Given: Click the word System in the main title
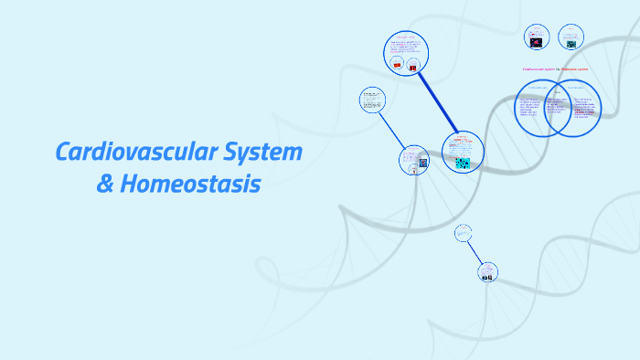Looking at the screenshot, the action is tap(262, 153).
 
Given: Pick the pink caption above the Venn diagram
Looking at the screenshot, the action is tap(555, 69).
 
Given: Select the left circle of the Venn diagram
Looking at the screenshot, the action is tap(533, 108).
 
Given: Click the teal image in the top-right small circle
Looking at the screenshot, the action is tap(571, 41).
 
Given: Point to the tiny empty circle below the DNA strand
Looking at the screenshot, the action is tap(463, 235).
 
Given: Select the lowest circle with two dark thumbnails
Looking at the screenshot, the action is tap(488, 271).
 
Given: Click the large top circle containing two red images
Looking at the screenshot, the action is tap(406, 52).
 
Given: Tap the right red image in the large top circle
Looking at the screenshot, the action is tap(414, 67).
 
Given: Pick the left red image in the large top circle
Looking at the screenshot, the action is tap(397, 66).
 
